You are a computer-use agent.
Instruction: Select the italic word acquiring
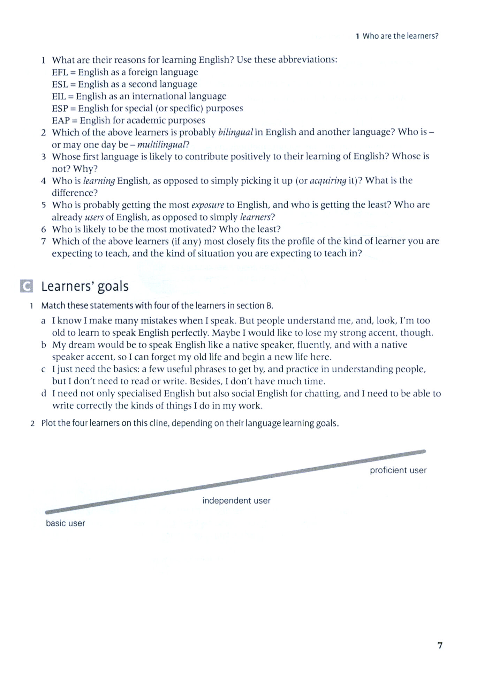click(x=328, y=181)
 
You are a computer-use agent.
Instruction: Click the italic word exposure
click(x=207, y=205)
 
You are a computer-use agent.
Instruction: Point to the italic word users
click(x=94, y=217)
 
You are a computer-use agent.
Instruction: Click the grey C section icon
click(x=27, y=286)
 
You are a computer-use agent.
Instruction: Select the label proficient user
click(x=398, y=470)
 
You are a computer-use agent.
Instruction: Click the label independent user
click(x=236, y=501)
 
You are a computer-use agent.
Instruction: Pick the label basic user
click(x=66, y=523)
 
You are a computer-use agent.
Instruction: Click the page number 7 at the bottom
click(x=440, y=645)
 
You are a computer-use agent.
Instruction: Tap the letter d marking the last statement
click(x=44, y=394)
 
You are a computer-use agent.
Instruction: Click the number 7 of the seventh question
click(x=44, y=241)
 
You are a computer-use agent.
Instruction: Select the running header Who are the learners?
click(x=400, y=36)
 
